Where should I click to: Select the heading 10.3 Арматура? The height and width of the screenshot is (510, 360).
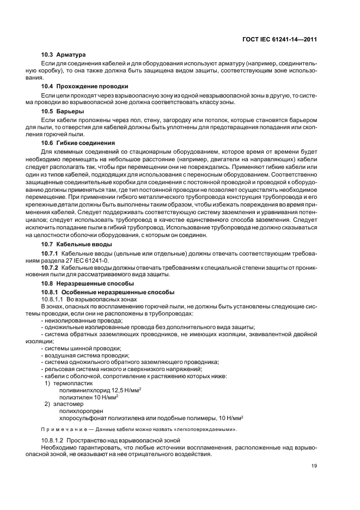pyautogui.click(x=64, y=54)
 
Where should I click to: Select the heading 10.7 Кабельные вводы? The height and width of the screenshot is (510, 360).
pyautogui.click(x=77, y=244)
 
